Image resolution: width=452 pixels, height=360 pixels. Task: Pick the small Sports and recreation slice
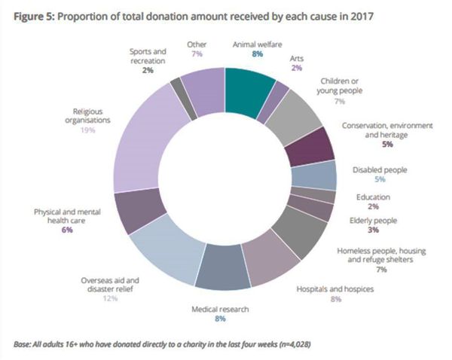(178, 89)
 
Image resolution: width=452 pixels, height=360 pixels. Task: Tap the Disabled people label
(380, 170)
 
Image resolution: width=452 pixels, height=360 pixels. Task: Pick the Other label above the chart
(197, 44)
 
